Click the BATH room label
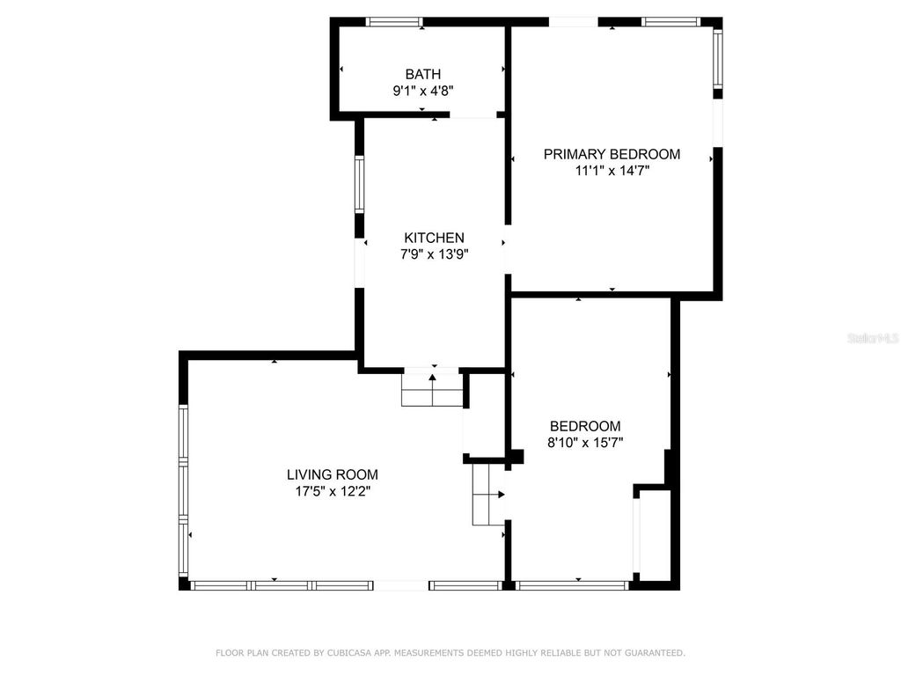pyautogui.click(x=422, y=75)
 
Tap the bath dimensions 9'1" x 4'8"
pyautogui.click(x=422, y=90)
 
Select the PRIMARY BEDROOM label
pyautogui.click(x=612, y=155)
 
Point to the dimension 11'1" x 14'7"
pyautogui.click(x=612, y=171)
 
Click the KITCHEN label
pyautogui.click(x=434, y=238)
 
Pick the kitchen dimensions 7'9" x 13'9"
pyautogui.click(x=434, y=254)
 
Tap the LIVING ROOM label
pyautogui.click(x=332, y=474)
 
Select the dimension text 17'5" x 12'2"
pyautogui.click(x=332, y=491)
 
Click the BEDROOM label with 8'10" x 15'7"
pyautogui.click(x=585, y=426)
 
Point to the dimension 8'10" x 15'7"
pyautogui.click(x=585, y=443)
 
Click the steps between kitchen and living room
pyautogui.click(x=432, y=389)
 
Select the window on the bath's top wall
pyautogui.click(x=394, y=22)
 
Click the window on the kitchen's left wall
pyautogui.click(x=359, y=184)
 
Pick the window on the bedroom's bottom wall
pyautogui.click(x=573, y=584)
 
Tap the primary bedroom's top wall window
pyautogui.click(x=670, y=22)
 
